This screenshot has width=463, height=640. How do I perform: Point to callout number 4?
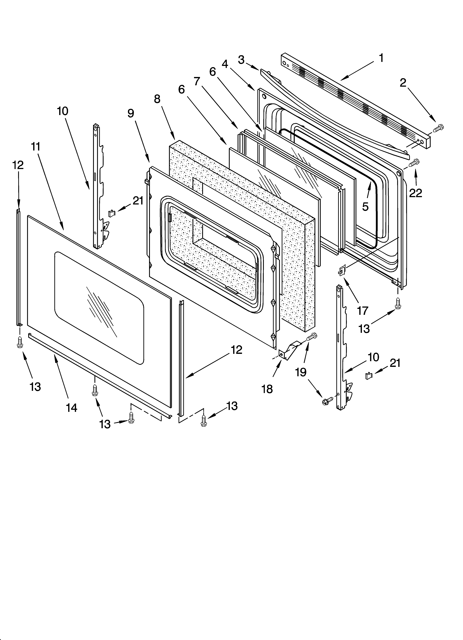[225, 64]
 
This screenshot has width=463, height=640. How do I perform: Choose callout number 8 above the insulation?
[157, 99]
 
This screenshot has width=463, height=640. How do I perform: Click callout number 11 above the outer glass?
[36, 147]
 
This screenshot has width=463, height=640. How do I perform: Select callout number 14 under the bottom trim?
[71, 407]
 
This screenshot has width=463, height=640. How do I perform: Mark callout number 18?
[267, 389]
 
